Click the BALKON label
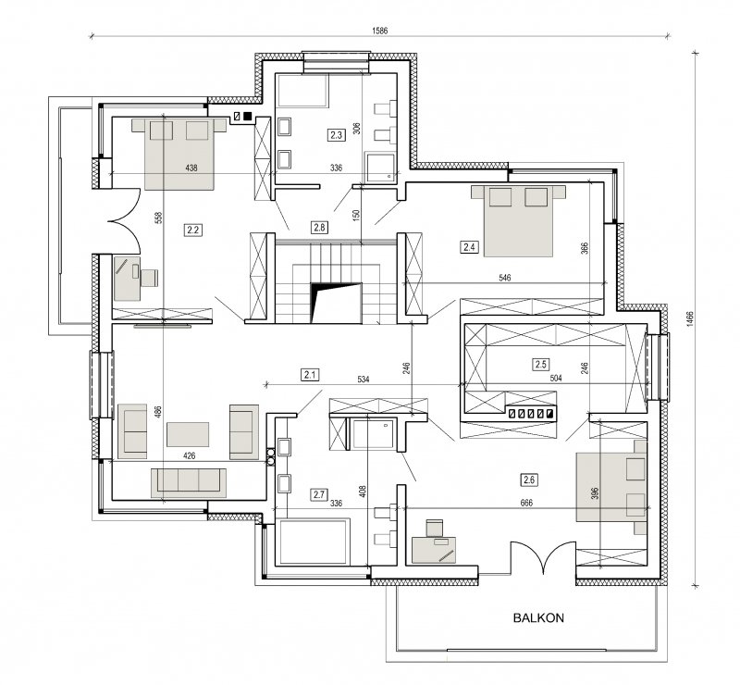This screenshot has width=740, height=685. pyautogui.click(x=538, y=617)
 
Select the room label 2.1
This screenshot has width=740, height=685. pyautogui.click(x=310, y=375)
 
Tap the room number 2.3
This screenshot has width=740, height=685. pyautogui.click(x=336, y=135)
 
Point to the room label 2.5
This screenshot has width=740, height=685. pyautogui.click(x=541, y=364)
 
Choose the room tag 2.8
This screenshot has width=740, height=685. pyautogui.click(x=319, y=227)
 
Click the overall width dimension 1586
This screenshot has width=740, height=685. pyautogui.click(x=379, y=31)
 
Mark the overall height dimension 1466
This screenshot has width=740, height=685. pyautogui.click(x=690, y=318)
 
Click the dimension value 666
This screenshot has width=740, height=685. pyautogui.click(x=526, y=504)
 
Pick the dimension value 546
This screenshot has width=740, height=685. pyautogui.click(x=505, y=278)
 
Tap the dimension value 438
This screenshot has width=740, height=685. pyautogui.click(x=191, y=168)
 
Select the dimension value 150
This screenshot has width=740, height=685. pyautogui.click(x=357, y=215)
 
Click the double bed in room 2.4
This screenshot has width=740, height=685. pyautogui.click(x=518, y=221)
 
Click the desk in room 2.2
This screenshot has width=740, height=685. pyautogui.click(x=128, y=279)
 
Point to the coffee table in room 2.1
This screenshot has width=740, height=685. pyautogui.click(x=188, y=434)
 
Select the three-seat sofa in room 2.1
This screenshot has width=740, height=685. pyautogui.click(x=189, y=482)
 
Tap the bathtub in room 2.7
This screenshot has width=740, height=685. pyautogui.click(x=314, y=542)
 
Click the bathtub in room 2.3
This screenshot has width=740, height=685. pyautogui.click(x=302, y=90)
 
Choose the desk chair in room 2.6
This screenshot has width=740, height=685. pyautogui.click(x=435, y=528)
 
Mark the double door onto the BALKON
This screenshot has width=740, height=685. pyautogui.click(x=543, y=557)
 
